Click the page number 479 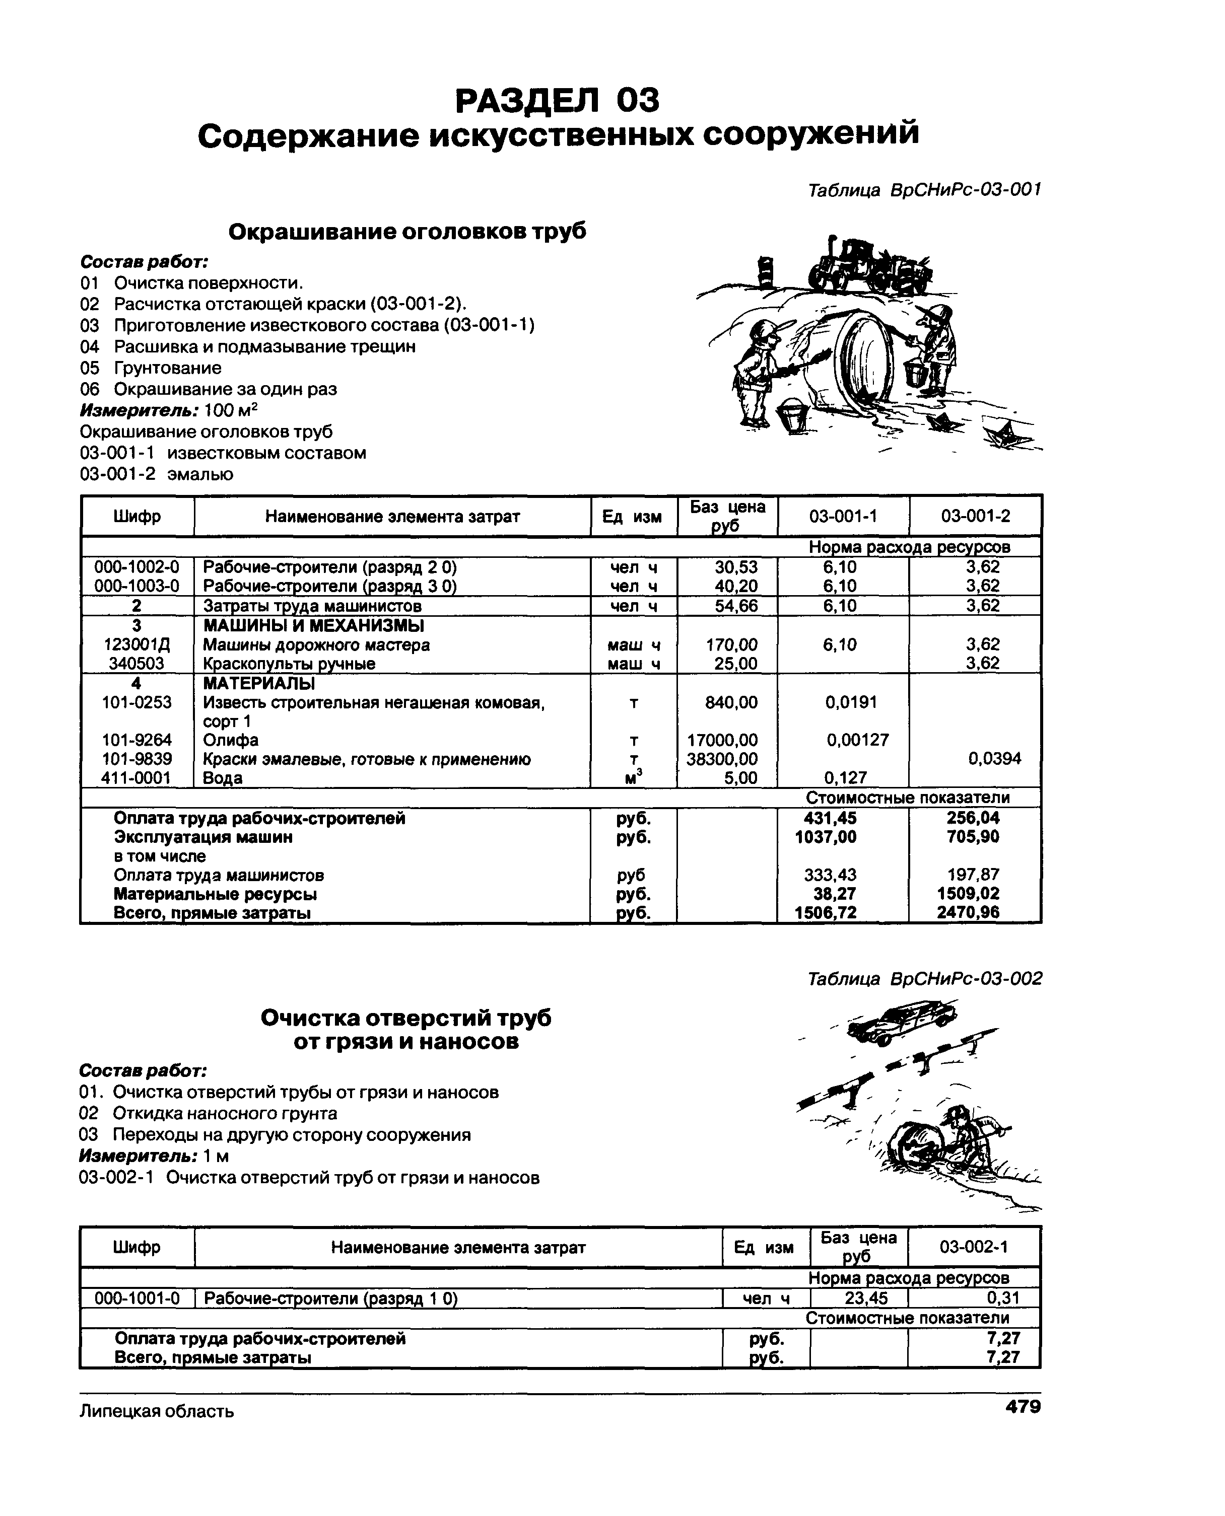pos(1023,1407)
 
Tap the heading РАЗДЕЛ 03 pos(558,100)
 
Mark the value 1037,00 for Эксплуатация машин pos(826,837)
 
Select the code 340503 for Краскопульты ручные pos(136,663)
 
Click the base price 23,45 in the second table pos(866,1298)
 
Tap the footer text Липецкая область pos(156,1411)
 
